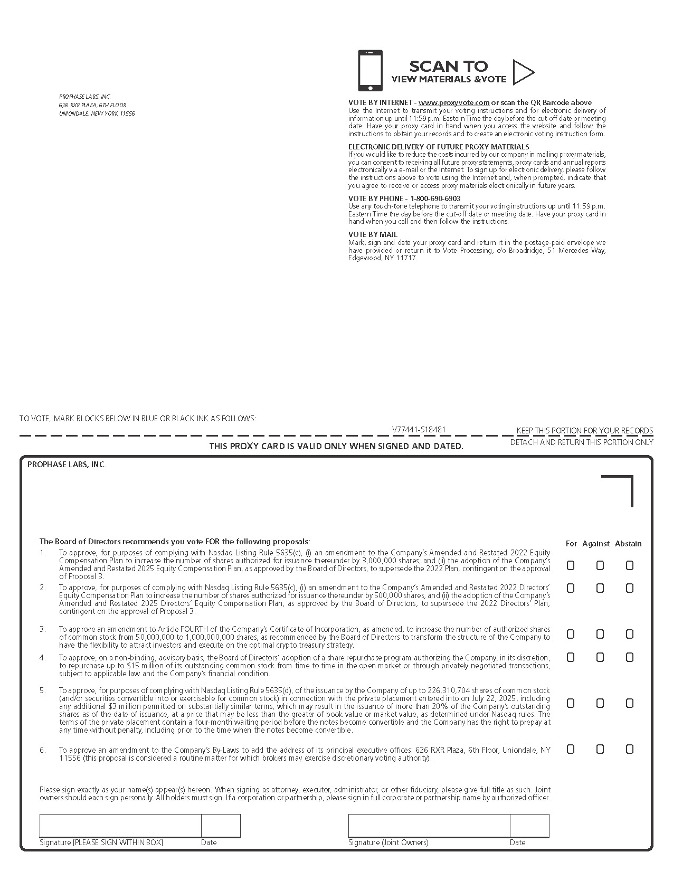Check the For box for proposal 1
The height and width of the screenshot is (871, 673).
point(571,565)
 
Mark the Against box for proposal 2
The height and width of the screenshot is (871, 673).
point(600,588)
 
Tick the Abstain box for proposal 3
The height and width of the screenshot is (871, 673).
point(630,634)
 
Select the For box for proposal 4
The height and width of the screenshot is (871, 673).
point(571,657)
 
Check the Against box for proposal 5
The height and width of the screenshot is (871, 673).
point(600,703)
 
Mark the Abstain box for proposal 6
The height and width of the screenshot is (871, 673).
point(630,749)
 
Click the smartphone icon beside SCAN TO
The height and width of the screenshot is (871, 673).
point(370,71)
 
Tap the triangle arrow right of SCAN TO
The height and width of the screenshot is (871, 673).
point(523,72)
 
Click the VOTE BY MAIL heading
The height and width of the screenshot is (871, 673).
point(373,234)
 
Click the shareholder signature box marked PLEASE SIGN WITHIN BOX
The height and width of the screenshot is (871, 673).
point(120,826)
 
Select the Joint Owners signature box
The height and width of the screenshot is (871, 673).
point(429,826)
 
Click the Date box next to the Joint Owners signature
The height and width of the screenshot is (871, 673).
point(529,826)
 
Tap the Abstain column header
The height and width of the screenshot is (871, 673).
point(628,544)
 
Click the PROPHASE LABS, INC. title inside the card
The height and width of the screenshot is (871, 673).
point(67,465)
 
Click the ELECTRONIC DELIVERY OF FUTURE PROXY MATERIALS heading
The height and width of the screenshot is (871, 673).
point(439,147)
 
